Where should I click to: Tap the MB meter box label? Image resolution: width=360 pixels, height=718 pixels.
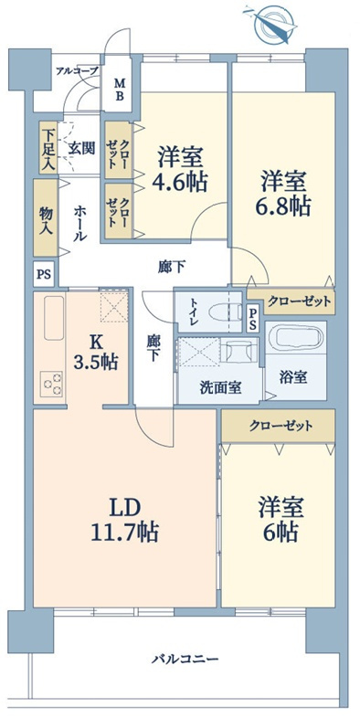119,90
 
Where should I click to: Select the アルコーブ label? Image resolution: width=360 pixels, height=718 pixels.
77,70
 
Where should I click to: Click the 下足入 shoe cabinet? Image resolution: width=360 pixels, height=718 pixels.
48,147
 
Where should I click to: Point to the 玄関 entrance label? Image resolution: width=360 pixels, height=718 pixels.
82,147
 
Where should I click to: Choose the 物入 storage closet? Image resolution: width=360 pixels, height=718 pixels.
46,217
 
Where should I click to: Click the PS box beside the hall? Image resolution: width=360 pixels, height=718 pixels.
45,274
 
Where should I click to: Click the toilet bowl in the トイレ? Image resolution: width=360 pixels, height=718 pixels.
225,312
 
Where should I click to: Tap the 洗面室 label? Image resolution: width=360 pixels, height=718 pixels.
220,387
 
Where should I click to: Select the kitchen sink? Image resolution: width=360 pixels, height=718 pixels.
54,317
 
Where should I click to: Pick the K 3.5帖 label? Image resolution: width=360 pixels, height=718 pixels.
96,352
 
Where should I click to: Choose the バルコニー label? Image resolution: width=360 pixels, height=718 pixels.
185,660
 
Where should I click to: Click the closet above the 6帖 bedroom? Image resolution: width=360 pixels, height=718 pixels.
278,427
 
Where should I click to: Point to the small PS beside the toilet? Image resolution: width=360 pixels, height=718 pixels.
253,319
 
